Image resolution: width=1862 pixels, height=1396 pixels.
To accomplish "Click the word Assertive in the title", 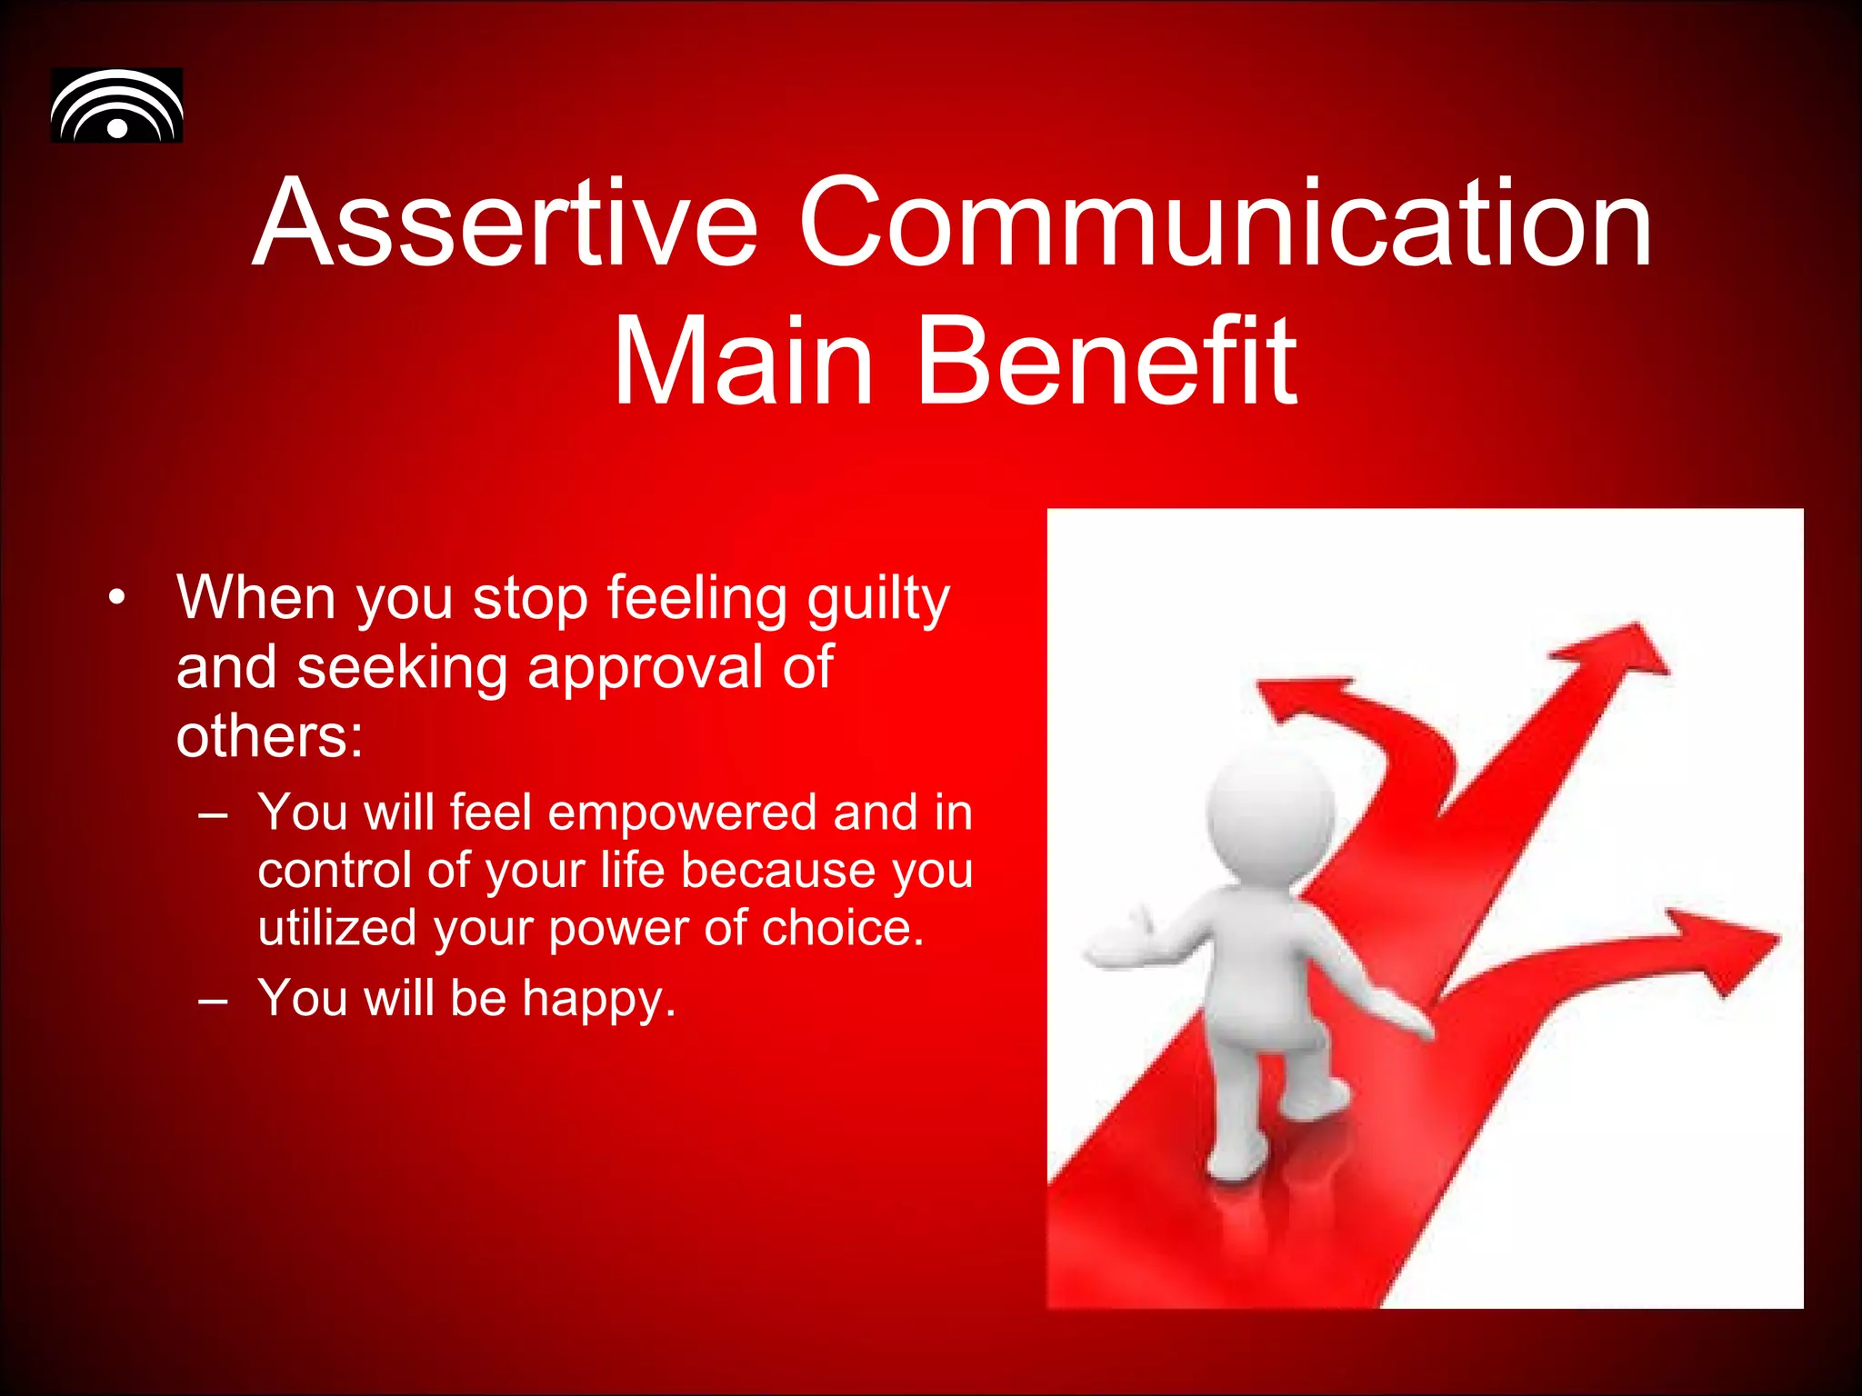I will tap(505, 223).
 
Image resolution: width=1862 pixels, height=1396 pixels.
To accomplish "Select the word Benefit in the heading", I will tap(1107, 361).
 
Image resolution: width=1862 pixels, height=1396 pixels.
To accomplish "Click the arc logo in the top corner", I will tap(116, 105).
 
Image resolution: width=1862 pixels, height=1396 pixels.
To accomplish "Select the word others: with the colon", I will tap(269, 735).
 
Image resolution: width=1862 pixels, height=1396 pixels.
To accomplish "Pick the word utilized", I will tap(336, 928).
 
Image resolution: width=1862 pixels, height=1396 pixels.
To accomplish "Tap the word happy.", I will tap(598, 999).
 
